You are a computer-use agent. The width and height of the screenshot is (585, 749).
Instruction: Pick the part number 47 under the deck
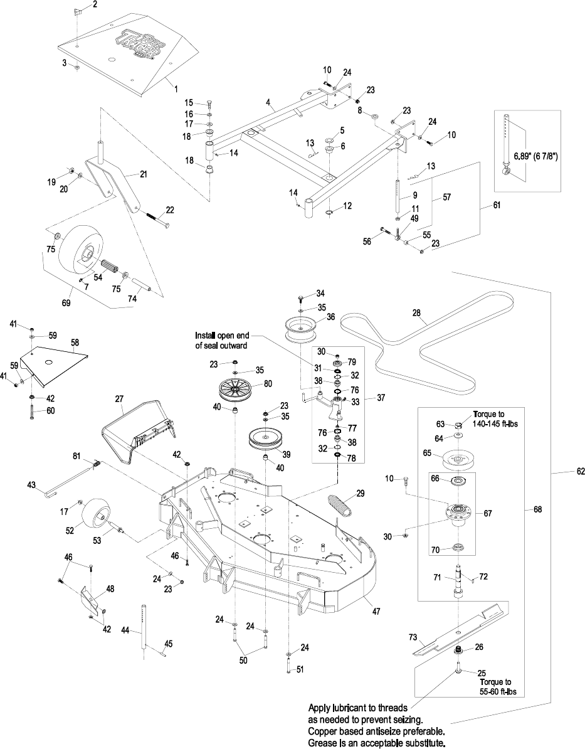tap(376, 611)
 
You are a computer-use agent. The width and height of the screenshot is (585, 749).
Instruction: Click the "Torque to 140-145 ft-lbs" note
tap(492, 418)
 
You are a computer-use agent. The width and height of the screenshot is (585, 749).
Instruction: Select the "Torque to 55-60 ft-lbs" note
tap(496, 686)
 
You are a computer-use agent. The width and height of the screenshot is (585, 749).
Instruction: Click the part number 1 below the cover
tap(176, 89)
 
